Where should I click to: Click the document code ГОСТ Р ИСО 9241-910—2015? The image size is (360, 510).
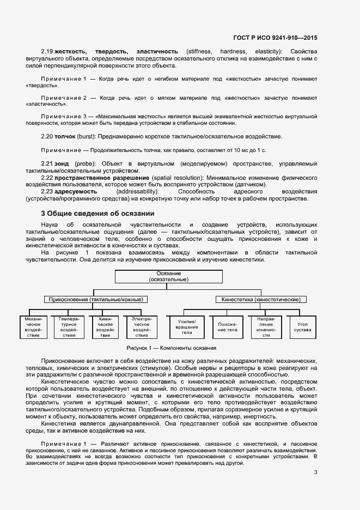(275, 38)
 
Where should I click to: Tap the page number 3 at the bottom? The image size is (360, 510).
(315, 472)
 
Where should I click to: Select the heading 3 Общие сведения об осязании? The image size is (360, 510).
(98, 213)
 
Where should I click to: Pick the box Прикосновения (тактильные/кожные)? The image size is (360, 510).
(96, 299)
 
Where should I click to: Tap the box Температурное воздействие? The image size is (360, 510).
(69, 326)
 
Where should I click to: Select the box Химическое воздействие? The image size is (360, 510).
(105, 326)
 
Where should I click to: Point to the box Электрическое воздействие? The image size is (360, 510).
(141, 326)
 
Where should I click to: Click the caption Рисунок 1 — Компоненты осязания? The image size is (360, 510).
(171, 348)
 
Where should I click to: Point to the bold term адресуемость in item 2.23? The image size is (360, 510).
(76, 192)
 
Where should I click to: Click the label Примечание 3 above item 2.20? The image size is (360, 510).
(63, 117)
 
